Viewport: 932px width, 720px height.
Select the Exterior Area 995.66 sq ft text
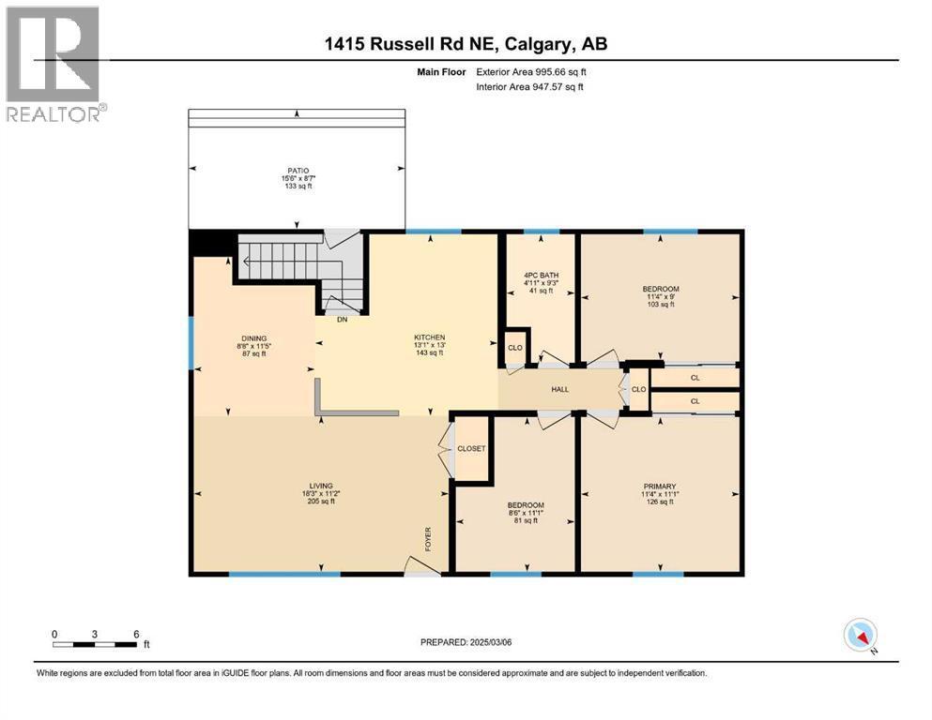tap(531, 72)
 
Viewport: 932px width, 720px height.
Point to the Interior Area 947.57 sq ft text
tap(529, 86)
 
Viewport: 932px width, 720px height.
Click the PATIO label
tap(298, 171)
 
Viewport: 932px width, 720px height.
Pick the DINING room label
tap(253, 338)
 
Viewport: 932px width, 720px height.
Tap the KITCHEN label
tap(430, 337)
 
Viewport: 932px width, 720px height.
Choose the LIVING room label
tap(321, 486)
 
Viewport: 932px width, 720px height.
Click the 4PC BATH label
tap(541, 276)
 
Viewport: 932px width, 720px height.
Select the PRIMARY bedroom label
tap(660, 487)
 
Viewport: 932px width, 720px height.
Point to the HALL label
tap(560, 389)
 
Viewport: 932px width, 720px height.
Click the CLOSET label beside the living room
tap(471, 449)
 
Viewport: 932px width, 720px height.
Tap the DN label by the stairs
tap(342, 320)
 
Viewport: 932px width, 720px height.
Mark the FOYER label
tap(428, 539)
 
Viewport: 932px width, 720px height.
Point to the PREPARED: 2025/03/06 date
tap(466, 642)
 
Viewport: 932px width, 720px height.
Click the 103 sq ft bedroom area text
tap(661, 305)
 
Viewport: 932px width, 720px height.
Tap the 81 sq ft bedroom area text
tap(526, 520)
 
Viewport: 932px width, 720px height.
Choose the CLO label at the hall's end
tap(639, 389)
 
